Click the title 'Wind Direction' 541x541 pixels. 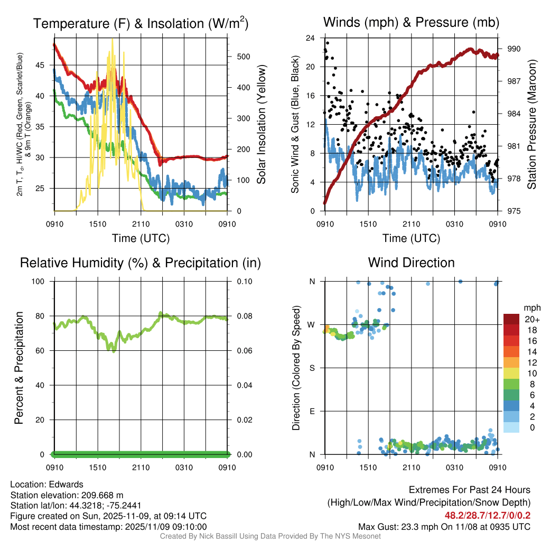tap(411, 263)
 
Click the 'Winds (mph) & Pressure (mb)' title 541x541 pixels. tap(411, 22)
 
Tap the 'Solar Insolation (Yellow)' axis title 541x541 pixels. tap(262, 124)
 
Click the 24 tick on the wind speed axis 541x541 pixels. tap(311, 38)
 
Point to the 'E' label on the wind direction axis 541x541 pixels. tap(312, 411)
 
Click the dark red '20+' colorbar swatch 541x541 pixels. tap(511, 319)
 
